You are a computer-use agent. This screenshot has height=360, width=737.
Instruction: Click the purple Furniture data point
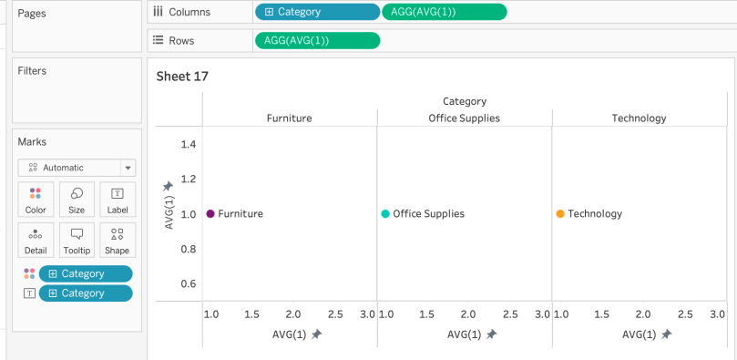click(210, 214)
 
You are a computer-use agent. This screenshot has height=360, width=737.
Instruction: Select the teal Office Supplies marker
click(385, 214)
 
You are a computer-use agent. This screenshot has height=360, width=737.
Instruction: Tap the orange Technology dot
click(560, 214)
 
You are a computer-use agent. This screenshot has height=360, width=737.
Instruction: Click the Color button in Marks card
click(36, 200)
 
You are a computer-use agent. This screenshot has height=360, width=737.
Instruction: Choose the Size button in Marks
click(77, 200)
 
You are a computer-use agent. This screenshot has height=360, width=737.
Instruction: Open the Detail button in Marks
click(36, 241)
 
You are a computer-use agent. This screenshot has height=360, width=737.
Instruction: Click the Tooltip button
click(77, 241)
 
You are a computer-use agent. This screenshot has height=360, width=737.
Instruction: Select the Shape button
click(117, 241)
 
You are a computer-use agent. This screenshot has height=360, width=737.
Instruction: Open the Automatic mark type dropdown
click(77, 168)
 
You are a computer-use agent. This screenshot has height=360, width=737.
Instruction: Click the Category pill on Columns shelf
click(317, 12)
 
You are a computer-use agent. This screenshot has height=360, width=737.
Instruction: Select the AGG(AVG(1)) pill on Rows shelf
click(317, 40)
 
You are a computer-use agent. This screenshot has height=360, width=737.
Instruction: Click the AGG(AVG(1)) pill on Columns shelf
click(444, 12)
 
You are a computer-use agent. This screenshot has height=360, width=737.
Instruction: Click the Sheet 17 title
click(182, 77)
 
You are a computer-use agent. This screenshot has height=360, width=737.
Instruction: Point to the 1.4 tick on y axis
click(189, 144)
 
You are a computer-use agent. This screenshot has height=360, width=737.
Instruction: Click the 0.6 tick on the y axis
click(189, 283)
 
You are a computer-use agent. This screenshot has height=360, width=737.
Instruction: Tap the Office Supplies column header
click(464, 118)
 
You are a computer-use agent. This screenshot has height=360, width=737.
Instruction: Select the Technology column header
click(639, 118)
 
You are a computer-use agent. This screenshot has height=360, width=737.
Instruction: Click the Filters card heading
click(32, 71)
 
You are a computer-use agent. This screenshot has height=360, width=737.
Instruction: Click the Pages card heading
click(31, 14)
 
